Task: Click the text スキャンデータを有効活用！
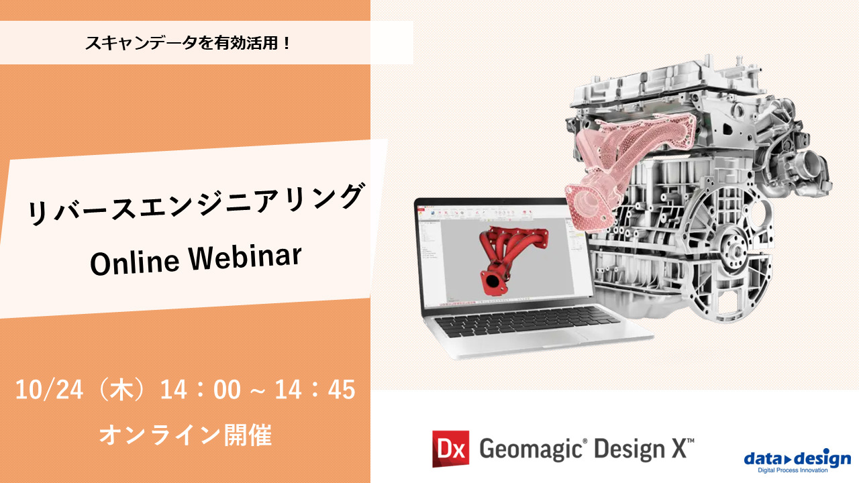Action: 187,44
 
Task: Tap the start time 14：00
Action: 200,390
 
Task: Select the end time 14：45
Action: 315,390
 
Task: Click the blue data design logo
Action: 797,459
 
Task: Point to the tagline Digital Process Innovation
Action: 797,470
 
